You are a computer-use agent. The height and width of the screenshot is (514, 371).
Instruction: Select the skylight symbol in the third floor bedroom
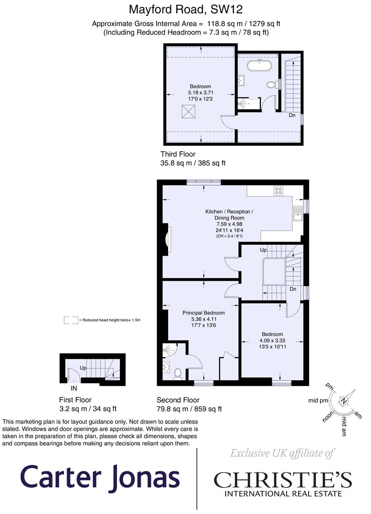pos(188,111)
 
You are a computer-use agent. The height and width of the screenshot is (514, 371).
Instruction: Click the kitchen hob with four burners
pos(279,191)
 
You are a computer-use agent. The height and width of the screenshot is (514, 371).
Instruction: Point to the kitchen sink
pos(298,213)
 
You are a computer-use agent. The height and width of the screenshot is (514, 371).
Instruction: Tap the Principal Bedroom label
pos(203,313)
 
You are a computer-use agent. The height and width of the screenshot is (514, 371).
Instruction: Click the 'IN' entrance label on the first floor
pos(74,388)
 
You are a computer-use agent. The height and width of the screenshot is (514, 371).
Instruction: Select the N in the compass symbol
pos(344,400)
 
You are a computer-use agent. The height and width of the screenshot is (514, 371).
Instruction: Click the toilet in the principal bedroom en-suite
pos(178,374)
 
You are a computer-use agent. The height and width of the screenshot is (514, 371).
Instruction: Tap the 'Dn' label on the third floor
pos(292,115)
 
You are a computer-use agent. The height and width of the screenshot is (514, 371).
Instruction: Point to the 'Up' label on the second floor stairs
pos(263,250)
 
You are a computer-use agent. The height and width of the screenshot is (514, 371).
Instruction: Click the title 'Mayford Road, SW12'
pos(186,9)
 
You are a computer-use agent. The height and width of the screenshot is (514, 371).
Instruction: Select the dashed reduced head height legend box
pos(71,320)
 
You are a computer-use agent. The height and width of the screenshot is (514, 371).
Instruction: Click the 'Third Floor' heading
pos(178,154)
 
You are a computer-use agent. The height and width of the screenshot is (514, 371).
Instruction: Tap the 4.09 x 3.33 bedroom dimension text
pos(272,340)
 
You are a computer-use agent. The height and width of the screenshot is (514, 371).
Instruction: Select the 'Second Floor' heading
pos(178,400)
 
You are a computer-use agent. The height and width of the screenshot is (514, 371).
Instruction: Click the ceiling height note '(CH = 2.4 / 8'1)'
pos(229,236)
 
